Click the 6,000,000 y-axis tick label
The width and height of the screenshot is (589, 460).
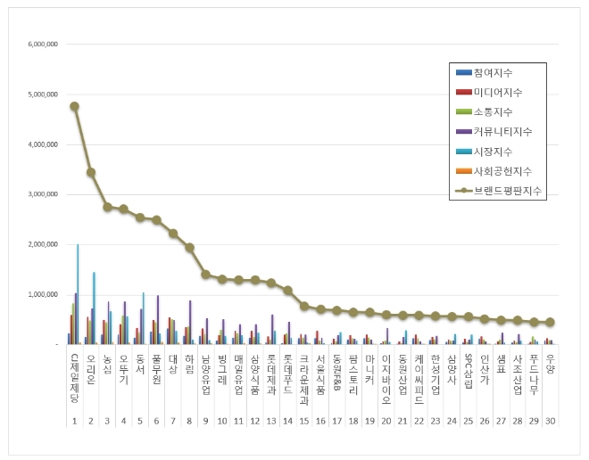[x=43, y=44]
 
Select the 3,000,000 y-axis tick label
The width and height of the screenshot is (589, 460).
[x=43, y=194]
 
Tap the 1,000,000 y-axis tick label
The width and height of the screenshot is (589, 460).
[x=43, y=294]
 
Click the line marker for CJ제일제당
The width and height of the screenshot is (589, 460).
[x=74, y=106]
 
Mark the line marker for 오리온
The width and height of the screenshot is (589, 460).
[x=91, y=172]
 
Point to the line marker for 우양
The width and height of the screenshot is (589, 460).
[x=550, y=322]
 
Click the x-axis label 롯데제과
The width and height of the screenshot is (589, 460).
[x=271, y=368]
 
